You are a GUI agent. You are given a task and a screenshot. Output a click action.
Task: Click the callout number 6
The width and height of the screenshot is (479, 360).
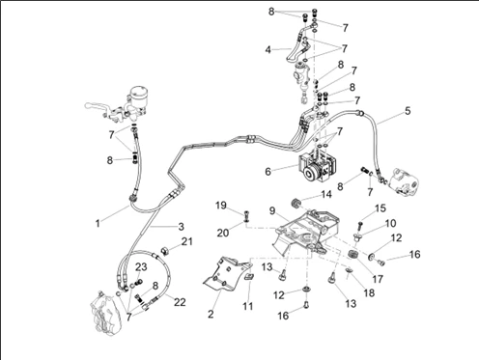tap(268, 172)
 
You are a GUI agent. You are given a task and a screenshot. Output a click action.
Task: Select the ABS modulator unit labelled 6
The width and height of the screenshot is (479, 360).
tap(319, 167)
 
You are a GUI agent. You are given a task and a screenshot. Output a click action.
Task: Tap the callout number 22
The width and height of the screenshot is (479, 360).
tap(180, 302)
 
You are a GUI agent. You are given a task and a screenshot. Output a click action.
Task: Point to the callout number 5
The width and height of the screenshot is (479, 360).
tap(408, 111)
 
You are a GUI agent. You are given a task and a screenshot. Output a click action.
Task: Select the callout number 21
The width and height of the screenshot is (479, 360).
tap(186, 241)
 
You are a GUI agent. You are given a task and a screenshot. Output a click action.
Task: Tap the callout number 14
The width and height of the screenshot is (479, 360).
tap(326, 194)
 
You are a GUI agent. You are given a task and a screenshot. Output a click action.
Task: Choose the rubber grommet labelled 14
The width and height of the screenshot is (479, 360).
tap(296, 204)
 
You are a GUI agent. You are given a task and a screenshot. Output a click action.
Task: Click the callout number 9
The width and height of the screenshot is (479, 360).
tap(272, 211)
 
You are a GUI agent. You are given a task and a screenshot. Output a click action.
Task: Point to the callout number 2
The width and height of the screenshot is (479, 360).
tap(211, 314)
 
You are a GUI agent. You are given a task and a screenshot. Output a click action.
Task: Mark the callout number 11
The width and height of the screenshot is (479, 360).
tap(247, 306)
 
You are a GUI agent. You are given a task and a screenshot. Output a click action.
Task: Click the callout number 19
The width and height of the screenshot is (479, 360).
tap(221, 206)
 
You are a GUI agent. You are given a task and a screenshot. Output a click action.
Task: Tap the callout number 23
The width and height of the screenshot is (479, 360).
tap(141, 266)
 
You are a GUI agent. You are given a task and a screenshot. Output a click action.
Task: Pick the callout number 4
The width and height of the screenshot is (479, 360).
tap(268, 50)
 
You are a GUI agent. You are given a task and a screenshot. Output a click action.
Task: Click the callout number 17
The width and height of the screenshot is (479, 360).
tap(378, 279)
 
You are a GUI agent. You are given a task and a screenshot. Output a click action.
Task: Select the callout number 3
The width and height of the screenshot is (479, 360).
tap(181, 226)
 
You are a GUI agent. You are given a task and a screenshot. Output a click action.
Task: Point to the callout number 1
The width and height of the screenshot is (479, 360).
tap(98, 223)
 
